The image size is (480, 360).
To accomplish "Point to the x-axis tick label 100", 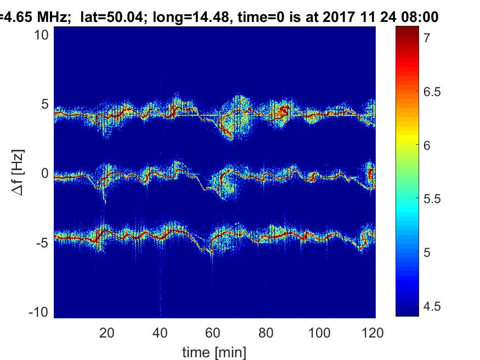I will (319, 332).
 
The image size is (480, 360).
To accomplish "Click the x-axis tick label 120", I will (372, 332).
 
